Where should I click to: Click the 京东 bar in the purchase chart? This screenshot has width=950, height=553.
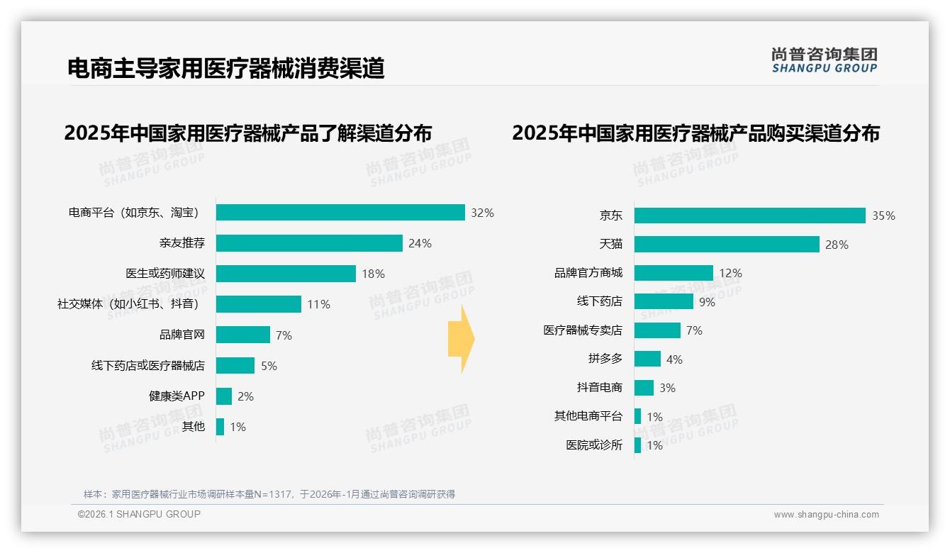[749, 216]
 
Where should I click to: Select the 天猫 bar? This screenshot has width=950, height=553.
[727, 244]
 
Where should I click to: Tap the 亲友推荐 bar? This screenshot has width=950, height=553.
[309, 243]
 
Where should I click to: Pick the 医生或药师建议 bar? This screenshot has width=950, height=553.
[286, 274]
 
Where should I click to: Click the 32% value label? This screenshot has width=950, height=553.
[482, 213]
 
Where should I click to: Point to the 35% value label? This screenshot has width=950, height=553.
[883, 216]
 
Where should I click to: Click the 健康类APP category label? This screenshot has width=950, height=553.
[177, 396]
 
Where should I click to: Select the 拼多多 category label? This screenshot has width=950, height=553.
[605, 359]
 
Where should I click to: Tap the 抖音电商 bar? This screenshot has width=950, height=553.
[644, 388]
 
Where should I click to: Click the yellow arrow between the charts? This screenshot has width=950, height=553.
[461, 339]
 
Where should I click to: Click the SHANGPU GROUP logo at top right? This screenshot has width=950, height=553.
[824, 60]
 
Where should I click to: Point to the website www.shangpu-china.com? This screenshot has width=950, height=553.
[826, 515]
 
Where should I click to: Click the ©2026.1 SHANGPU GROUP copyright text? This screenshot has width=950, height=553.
[139, 514]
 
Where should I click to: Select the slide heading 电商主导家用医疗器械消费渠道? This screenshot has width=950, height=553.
[225, 68]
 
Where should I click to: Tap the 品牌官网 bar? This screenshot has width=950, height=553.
[243, 335]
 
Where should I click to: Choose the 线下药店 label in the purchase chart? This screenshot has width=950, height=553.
[600, 301]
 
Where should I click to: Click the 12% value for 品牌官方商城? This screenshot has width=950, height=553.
[730, 273]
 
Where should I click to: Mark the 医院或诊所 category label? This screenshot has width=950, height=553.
[594, 445]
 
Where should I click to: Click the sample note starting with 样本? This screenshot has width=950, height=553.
[269, 494]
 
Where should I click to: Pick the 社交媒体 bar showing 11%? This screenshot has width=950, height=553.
[259, 304]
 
